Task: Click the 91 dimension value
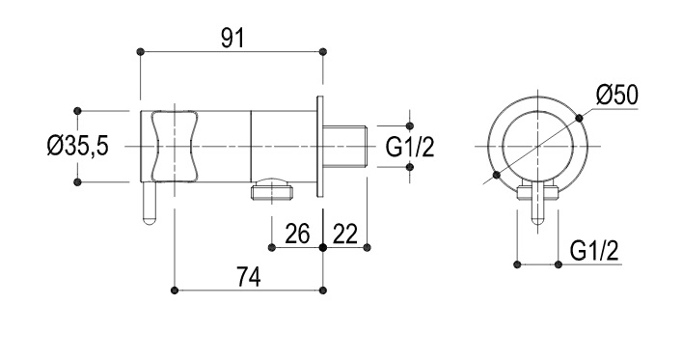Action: pos(233,39)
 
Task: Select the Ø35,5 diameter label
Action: pos(77,147)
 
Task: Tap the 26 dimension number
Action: pos(297,234)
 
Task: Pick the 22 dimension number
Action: pos(345,234)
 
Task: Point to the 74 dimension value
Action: pos(249,277)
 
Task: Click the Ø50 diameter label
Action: pos(617,95)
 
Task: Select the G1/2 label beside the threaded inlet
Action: pos(410,147)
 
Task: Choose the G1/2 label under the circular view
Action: pos(593,251)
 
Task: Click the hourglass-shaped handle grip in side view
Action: pos(174,147)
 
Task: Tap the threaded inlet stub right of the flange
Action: pos(345,147)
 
